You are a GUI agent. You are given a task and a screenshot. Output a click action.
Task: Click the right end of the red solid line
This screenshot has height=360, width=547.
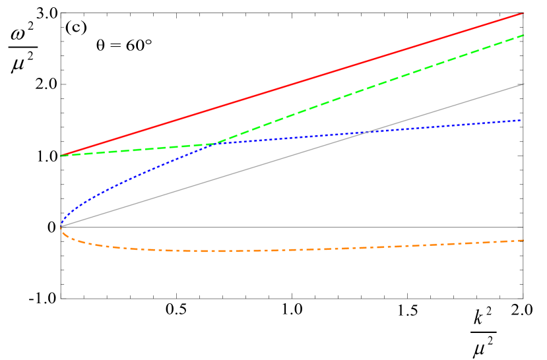tap(523, 13)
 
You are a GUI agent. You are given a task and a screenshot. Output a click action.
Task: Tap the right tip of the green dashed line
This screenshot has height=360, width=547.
tap(523, 35)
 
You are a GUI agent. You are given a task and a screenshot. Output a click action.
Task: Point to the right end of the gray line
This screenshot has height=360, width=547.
tap(523, 84)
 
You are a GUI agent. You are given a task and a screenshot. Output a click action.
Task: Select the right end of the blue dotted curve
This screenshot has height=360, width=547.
tap(523, 121)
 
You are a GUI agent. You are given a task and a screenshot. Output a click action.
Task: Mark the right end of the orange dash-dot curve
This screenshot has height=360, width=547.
tap(523, 241)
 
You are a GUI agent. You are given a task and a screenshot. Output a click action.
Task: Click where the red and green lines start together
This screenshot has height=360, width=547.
tap(61, 156)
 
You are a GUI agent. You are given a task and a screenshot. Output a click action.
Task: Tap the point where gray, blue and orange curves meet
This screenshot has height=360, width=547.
tap(61, 227)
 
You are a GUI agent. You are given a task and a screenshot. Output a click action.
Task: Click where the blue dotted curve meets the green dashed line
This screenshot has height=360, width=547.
tap(216, 143)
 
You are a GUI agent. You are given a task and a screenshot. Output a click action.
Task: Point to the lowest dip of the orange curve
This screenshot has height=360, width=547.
tap(211, 251)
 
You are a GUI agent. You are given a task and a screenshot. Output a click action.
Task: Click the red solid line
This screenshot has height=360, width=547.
tap(297, 82)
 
